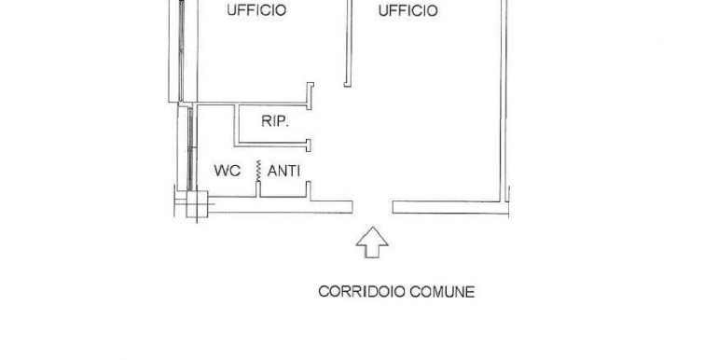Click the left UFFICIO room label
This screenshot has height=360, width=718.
coord(256,11)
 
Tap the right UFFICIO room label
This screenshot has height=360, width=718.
coord(407,11)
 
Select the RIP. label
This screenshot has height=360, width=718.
coord(262,122)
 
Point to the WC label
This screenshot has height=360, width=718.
coord(228,171)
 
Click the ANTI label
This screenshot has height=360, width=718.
coord(283,171)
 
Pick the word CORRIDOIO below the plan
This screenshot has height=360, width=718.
coord(359,291)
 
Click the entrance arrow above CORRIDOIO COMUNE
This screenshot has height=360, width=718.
coord(373,242)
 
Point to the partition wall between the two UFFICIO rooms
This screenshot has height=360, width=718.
coord(348,42)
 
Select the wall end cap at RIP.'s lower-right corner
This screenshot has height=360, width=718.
coord(309,144)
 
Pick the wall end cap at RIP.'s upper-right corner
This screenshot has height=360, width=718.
coord(311,91)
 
